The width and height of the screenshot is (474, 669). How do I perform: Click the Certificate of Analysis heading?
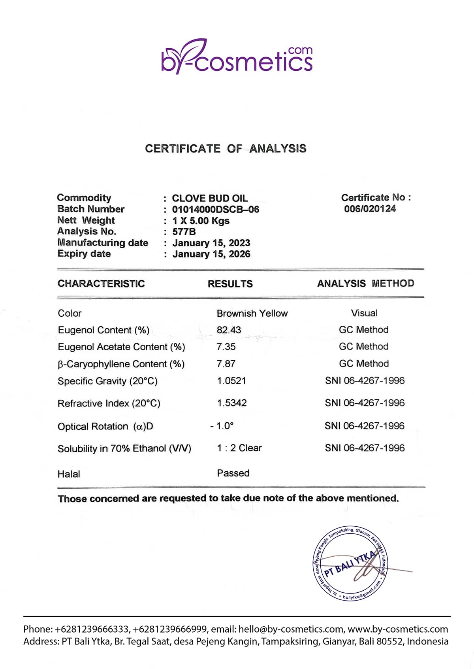(x=226, y=149)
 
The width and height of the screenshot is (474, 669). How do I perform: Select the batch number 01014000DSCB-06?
(x=216, y=210)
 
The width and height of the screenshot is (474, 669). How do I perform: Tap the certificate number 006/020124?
(x=370, y=209)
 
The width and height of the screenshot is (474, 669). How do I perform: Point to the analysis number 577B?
(x=184, y=232)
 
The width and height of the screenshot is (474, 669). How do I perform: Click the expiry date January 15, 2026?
(x=211, y=254)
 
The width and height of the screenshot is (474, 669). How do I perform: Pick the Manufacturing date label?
(x=103, y=243)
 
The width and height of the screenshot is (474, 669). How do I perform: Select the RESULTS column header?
(x=230, y=284)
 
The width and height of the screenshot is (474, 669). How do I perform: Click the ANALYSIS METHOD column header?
(x=365, y=283)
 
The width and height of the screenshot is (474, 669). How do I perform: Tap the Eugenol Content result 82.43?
(x=229, y=330)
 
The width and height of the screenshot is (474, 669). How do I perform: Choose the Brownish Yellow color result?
(x=252, y=314)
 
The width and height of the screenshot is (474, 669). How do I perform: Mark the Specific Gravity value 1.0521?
(x=231, y=381)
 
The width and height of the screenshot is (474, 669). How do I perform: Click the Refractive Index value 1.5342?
(x=232, y=403)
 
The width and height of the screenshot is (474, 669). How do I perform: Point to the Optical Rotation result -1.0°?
(x=222, y=426)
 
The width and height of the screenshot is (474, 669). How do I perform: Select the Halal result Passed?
(x=233, y=473)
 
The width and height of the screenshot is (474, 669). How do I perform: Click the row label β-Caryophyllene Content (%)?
(x=121, y=364)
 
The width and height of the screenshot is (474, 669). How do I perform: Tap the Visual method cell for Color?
(x=364, y=313)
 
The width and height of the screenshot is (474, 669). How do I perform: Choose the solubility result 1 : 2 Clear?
(x=239, y=448)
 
